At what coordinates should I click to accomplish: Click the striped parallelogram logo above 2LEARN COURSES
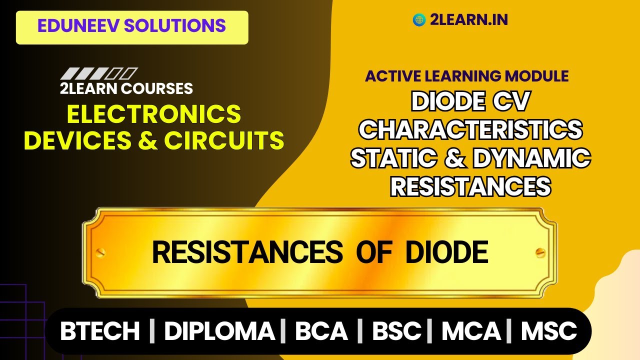click(99, 74)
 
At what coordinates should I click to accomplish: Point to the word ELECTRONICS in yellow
click(154, 114)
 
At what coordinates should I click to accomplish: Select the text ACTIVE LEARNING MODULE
click(466, 76)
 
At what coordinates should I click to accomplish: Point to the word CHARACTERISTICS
click(470, 130)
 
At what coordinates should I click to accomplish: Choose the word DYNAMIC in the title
click(531, 158)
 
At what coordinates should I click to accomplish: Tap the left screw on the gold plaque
click(101, 252)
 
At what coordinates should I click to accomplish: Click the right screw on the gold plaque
click(539, 252)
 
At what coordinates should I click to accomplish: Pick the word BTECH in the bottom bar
click(100, 331)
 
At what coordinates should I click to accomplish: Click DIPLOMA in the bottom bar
click(219, 331)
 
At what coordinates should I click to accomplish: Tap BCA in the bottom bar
click(321, 331)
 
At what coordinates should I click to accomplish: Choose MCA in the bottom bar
click(470, 331)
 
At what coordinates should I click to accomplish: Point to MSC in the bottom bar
click(549, 331)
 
